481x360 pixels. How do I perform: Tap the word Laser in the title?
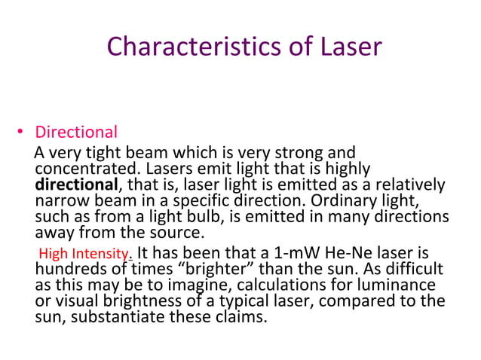343,47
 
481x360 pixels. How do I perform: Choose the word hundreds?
69,269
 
